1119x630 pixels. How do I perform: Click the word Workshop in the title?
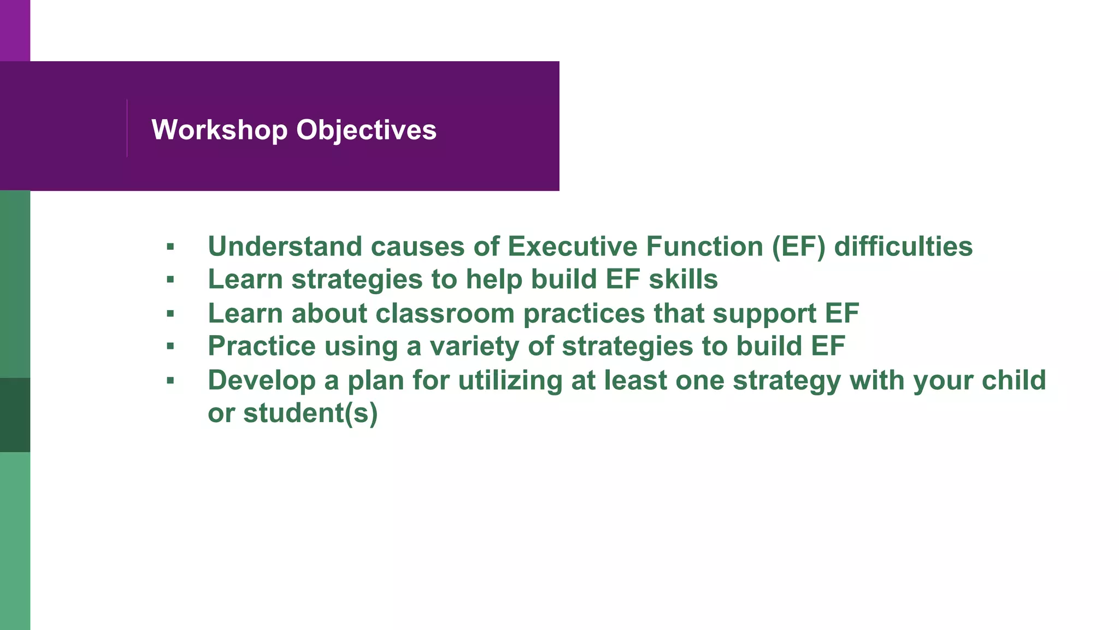pyautogui.click(x=219, y=130)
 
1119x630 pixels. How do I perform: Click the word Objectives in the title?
pyautogui.click(x=366, y=130)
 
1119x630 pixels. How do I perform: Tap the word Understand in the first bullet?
pyautogui.click(x=285, y=246)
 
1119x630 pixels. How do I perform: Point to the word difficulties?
pyautogui.click(x=903, y=246)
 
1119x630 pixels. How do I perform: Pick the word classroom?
pyautogui.click(x=445, y=313)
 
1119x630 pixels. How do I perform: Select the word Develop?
pyautogui.click(x=262, y=380)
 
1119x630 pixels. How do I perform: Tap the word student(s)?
pyautogui.click(x=310, y=413)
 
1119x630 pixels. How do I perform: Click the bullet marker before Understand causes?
pyautogui.click(x=170, y=247)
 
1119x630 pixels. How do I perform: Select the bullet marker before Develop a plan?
pyautogui.click(x=170, y=381)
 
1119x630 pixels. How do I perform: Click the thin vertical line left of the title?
pyautogui.click(x=127, y=128)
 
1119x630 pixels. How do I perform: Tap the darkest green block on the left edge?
pyautogui.click(x=15, y=415)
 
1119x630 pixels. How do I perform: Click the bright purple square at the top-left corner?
pyautogui.click(x=15, y=30)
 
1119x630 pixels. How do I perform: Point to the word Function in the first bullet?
pyautogui.click(x=704, y=246)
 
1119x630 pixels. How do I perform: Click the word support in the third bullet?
pyautogui.click(x=764, y=313)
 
